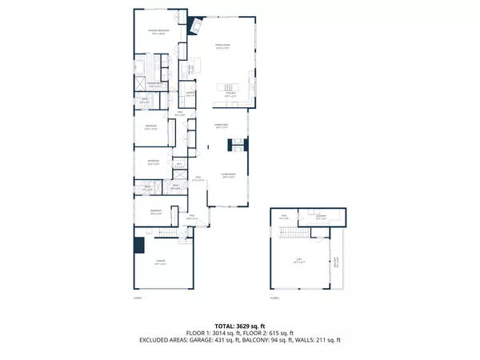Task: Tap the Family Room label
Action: click(222, 47)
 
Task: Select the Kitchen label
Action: click(230, 95)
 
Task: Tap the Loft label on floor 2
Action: click(298, 261)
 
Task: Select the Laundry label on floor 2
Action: click(321, 215)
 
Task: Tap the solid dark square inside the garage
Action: click(139, 245)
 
